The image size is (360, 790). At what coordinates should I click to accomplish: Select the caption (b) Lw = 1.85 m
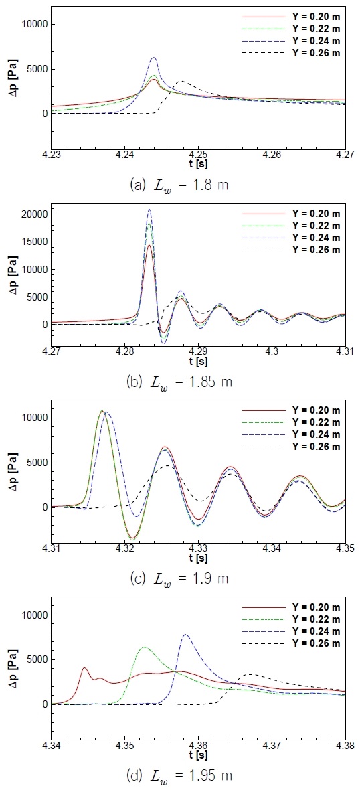pos(179,382)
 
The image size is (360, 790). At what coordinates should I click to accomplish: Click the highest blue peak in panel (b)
pos(149,210)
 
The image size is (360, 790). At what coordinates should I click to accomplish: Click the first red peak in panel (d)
pos(84,667)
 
